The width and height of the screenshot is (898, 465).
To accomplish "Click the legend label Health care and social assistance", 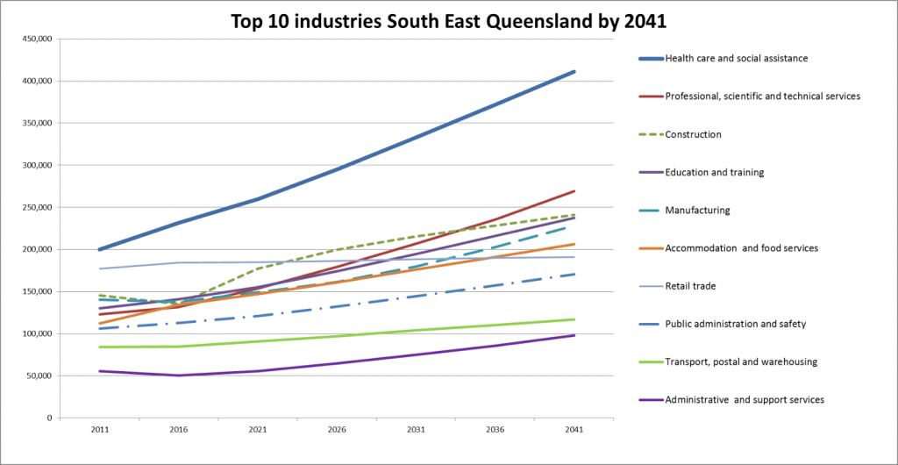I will pos(736,59).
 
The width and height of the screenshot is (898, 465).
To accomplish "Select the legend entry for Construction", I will pos(693,134).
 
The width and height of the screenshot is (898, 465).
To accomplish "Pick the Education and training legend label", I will pos(715,173).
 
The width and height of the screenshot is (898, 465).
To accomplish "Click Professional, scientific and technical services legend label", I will pos(763,97).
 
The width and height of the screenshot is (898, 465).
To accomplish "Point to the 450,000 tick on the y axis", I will pos(35,39).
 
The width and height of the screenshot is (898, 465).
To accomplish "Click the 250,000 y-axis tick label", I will pos(35,207).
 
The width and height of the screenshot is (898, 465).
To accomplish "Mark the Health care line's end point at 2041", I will pos(574,72).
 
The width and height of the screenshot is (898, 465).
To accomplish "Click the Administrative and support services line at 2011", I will pos(99,371).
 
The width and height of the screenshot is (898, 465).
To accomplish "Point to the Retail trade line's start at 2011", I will pos(99,268).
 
